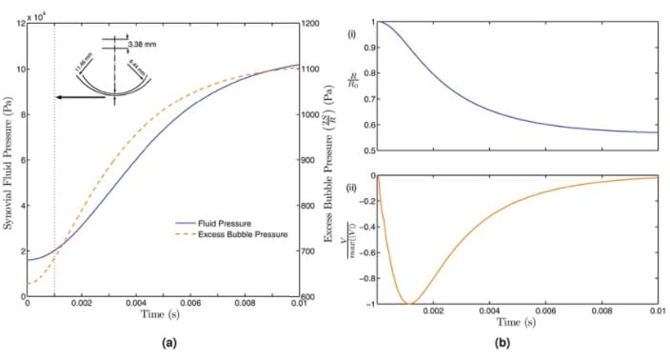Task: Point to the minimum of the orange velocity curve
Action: click(408, 303)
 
